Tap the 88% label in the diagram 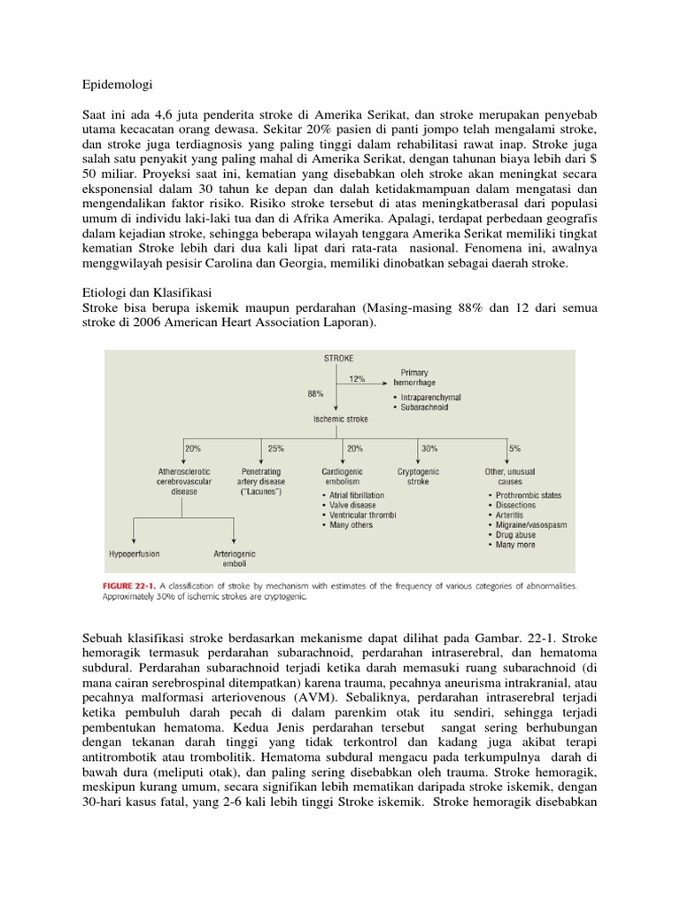point(316,391)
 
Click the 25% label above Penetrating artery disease point(275,448)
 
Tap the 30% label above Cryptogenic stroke point(430,448)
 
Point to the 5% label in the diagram point(515,448)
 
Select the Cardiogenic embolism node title point(343,477)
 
